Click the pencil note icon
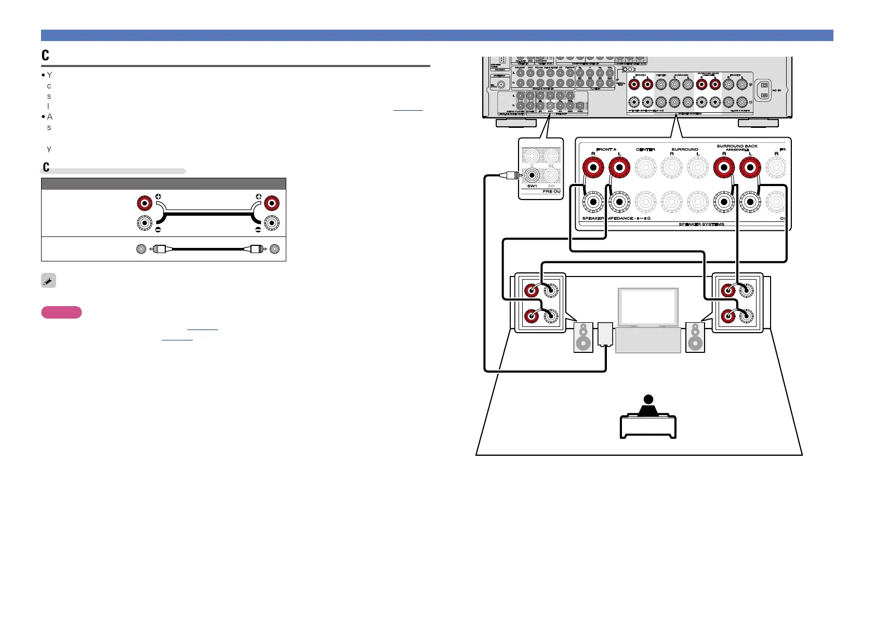tap(48, 281)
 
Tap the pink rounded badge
tap(61, 312)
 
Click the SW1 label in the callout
tap(532, 186)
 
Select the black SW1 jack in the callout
tap(532, 175)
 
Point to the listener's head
tap(648, 400)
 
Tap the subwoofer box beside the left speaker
tap(606, 335)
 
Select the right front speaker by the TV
tap(695, 337)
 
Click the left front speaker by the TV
tap(583, 337)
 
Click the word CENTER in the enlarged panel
tap(645, 150)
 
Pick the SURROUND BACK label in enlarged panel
tap(737, 147)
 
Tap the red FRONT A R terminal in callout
tap(593, 168)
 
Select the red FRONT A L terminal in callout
tap(619, 168)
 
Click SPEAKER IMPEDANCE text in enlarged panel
tap(616, 219)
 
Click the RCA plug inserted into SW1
tap(510, 175)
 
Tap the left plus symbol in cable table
tap(158, 197)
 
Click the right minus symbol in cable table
tap(258, 230)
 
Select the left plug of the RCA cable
tap(160, 249)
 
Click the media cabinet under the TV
tap(648, 340)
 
